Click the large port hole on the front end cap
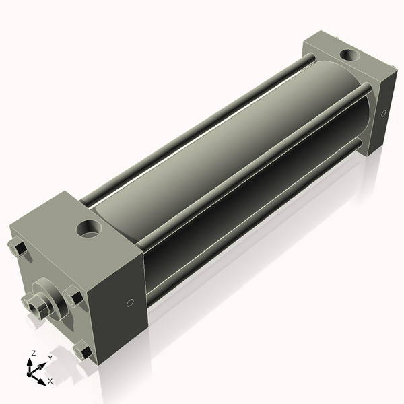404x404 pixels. coord(88,229)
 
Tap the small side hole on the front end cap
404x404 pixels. coord(131,303)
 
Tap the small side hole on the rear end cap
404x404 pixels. coord(384,113)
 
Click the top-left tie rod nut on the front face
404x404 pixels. coord(18,248)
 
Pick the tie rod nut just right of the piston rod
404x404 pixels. coord(75,296)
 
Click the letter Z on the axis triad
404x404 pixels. coord(33,353)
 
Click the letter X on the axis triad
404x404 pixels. coord(50,381)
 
